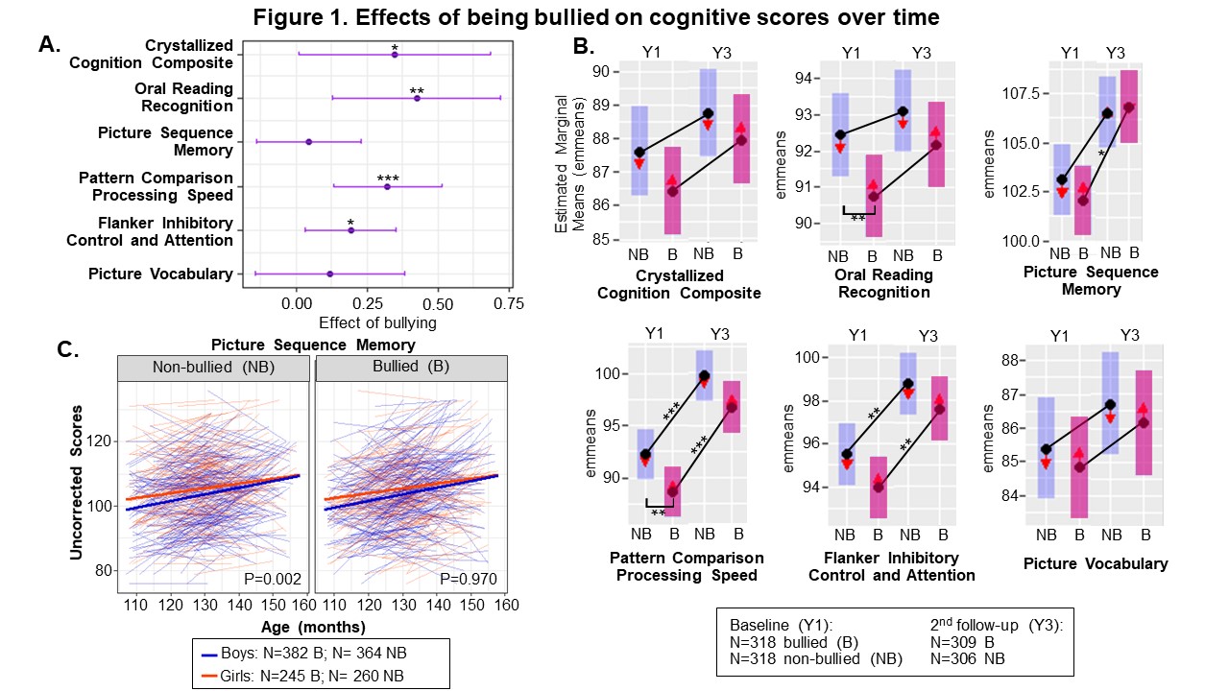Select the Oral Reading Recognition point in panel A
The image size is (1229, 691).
click(417, 98)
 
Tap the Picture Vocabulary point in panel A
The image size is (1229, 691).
click(330, 274)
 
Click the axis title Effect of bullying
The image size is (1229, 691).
click(377, 322)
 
